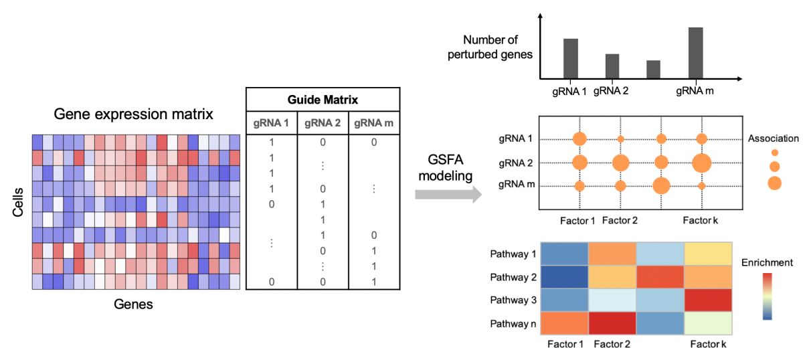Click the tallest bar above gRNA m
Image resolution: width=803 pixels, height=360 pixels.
point(695,53)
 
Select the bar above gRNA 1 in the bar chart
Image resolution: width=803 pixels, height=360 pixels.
point(571,58)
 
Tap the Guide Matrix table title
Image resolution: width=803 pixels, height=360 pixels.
point(323,100)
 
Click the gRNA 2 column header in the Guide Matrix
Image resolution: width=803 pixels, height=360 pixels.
point(323,123)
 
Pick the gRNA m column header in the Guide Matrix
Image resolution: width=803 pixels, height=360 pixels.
point(373,123)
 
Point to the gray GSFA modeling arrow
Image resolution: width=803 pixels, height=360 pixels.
point(448,194)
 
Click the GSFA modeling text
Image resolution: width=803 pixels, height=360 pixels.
point(446,167)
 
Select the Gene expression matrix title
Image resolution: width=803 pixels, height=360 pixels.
point(133,114)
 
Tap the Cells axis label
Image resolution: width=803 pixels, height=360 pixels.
point(18,202)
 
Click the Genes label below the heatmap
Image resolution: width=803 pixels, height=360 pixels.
point(133,304)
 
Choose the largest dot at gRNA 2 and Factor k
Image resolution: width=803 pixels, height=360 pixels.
point(701,163)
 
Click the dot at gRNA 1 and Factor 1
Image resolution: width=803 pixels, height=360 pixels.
point(579,139)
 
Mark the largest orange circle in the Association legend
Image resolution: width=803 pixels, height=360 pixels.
point(774,183)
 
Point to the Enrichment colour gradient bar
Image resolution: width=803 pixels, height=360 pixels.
point(767,296)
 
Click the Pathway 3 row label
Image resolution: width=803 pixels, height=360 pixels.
point(513,300)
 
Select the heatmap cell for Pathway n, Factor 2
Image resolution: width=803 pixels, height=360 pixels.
point(612,323)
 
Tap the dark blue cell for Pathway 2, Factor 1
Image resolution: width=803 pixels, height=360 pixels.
point(564,277)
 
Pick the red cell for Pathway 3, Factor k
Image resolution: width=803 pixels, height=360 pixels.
point(708,300)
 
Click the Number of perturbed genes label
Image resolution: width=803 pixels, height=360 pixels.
point(490,47)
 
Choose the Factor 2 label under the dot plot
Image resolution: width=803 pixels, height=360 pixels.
point(620,220)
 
